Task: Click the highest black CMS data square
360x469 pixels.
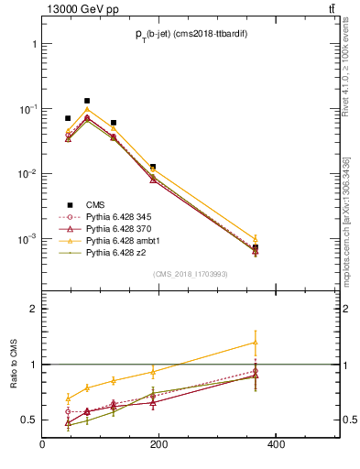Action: click(x=87, y=101)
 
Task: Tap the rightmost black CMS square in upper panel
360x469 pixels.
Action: click(x=333, y=248)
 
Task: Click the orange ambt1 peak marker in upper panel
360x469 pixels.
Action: click(x=87, y=109)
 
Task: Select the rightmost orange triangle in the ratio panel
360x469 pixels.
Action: click(x=333, y=343)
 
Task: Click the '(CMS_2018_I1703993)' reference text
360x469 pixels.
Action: click(x=193, y=274)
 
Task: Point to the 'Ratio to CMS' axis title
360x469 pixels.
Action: click(x=15, y=365)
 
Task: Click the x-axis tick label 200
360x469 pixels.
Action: click(x=158, y=445)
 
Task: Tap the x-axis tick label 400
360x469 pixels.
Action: click(x=274, y=445)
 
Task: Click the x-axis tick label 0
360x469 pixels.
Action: click(x=43, y=445)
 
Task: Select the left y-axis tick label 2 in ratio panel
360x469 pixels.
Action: click(x=33, y=309)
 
